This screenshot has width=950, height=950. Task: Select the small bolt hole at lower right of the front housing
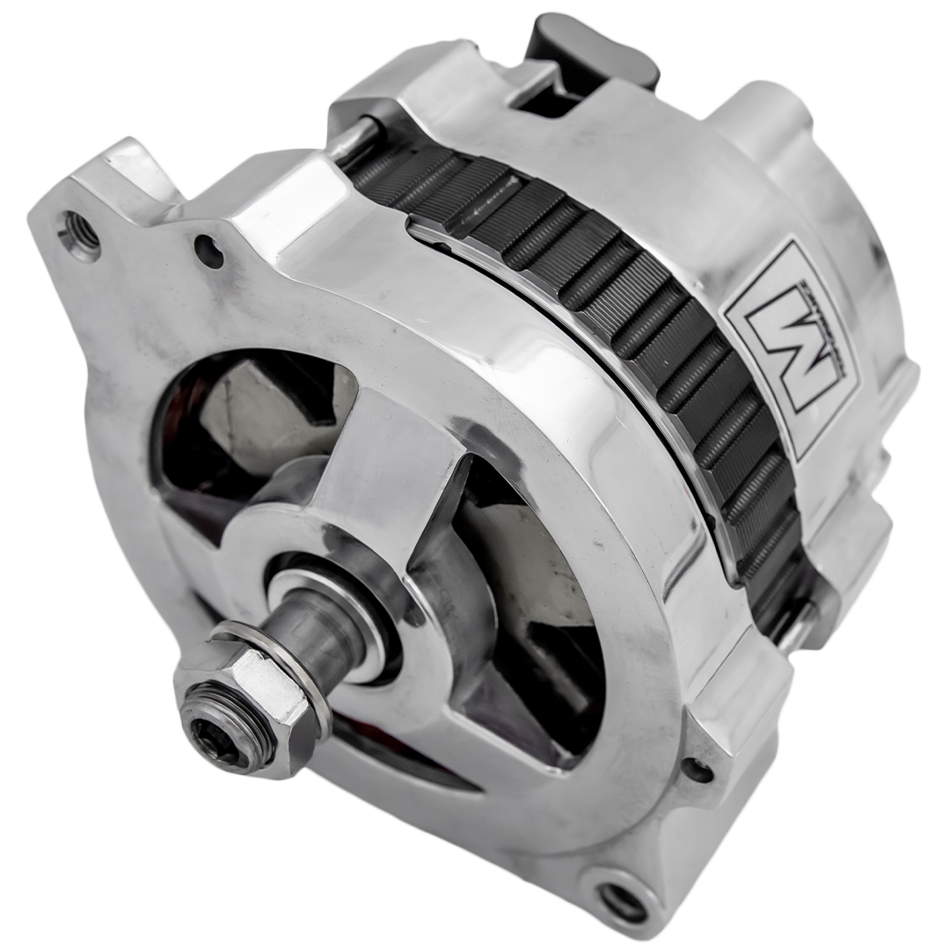click(x=698, y=771)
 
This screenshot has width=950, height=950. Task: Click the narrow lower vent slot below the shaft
click(x=396, y=756)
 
